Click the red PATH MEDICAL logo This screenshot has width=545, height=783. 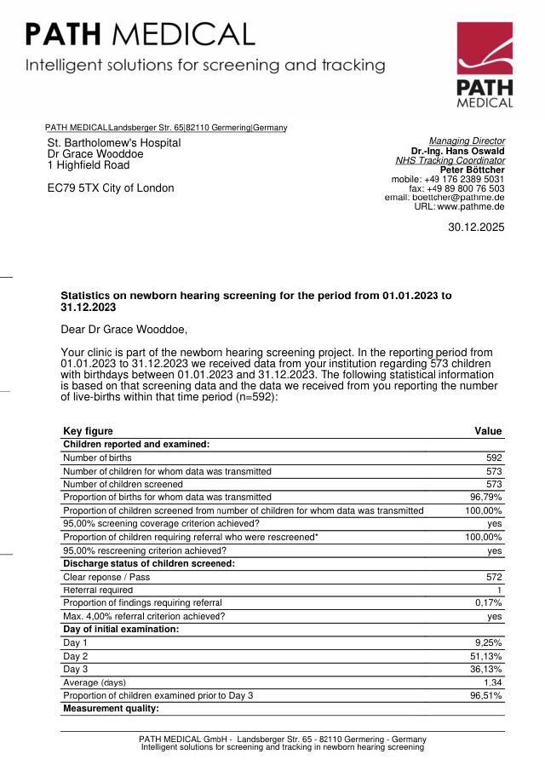coord(485,66)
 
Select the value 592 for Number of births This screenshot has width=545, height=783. coord(493,458)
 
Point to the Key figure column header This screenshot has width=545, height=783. coord(88,431)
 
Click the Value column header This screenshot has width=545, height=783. coord(488,431)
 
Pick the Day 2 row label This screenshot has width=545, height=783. coord(76,656)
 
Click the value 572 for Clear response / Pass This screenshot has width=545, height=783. coord(493,577)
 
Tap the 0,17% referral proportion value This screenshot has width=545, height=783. coord(489,602)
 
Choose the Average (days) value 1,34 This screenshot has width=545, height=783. coord(492,682)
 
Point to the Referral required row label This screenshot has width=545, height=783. coord(98,590)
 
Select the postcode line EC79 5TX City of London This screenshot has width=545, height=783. coord(111,188)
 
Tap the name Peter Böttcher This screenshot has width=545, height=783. coord(472,170)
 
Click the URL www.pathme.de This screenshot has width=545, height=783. coord(471,207)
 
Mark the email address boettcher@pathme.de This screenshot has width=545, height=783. coord(460,198)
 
